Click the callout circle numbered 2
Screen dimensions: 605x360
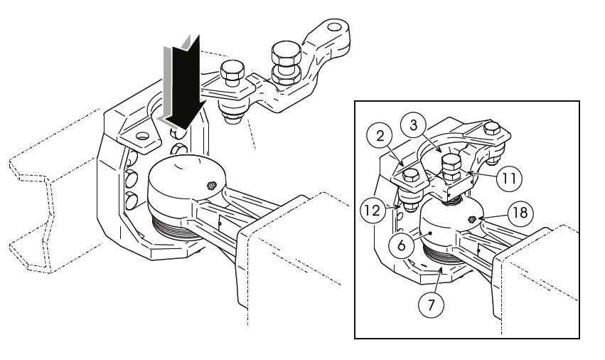coord(380,137)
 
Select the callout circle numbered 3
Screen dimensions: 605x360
coord(414,125)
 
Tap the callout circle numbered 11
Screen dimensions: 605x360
coord(509,178)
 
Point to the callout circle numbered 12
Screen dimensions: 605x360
coord(373,211)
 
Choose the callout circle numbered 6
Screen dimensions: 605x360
coord(402,245)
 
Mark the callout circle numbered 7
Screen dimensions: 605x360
coord(432,305)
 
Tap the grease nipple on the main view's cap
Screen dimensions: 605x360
coord(211,186)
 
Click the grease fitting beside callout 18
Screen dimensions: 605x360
coord(471,220)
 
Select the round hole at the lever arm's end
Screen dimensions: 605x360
coord(334,27)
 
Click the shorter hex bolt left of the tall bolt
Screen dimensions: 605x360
coord(232,73)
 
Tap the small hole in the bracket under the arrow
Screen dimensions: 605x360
coord(142,136)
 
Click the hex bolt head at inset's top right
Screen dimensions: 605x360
coord(492,128)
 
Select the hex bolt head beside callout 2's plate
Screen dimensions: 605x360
coord(410,176)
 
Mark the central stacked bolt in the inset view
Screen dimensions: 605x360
coord(452,167)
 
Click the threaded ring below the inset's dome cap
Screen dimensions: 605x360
coord(444,253)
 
